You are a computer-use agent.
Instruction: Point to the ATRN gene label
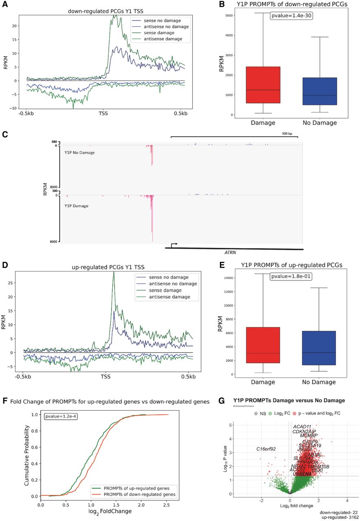pos(231,252)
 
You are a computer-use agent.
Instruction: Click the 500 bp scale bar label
pos(287,133)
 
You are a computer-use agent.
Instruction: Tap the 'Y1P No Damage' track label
pos(79,152)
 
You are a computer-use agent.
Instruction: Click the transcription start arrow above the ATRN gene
pos(174,245)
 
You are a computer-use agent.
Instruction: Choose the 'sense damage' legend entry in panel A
pos(154,33)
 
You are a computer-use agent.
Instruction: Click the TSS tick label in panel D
pos(105,377)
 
